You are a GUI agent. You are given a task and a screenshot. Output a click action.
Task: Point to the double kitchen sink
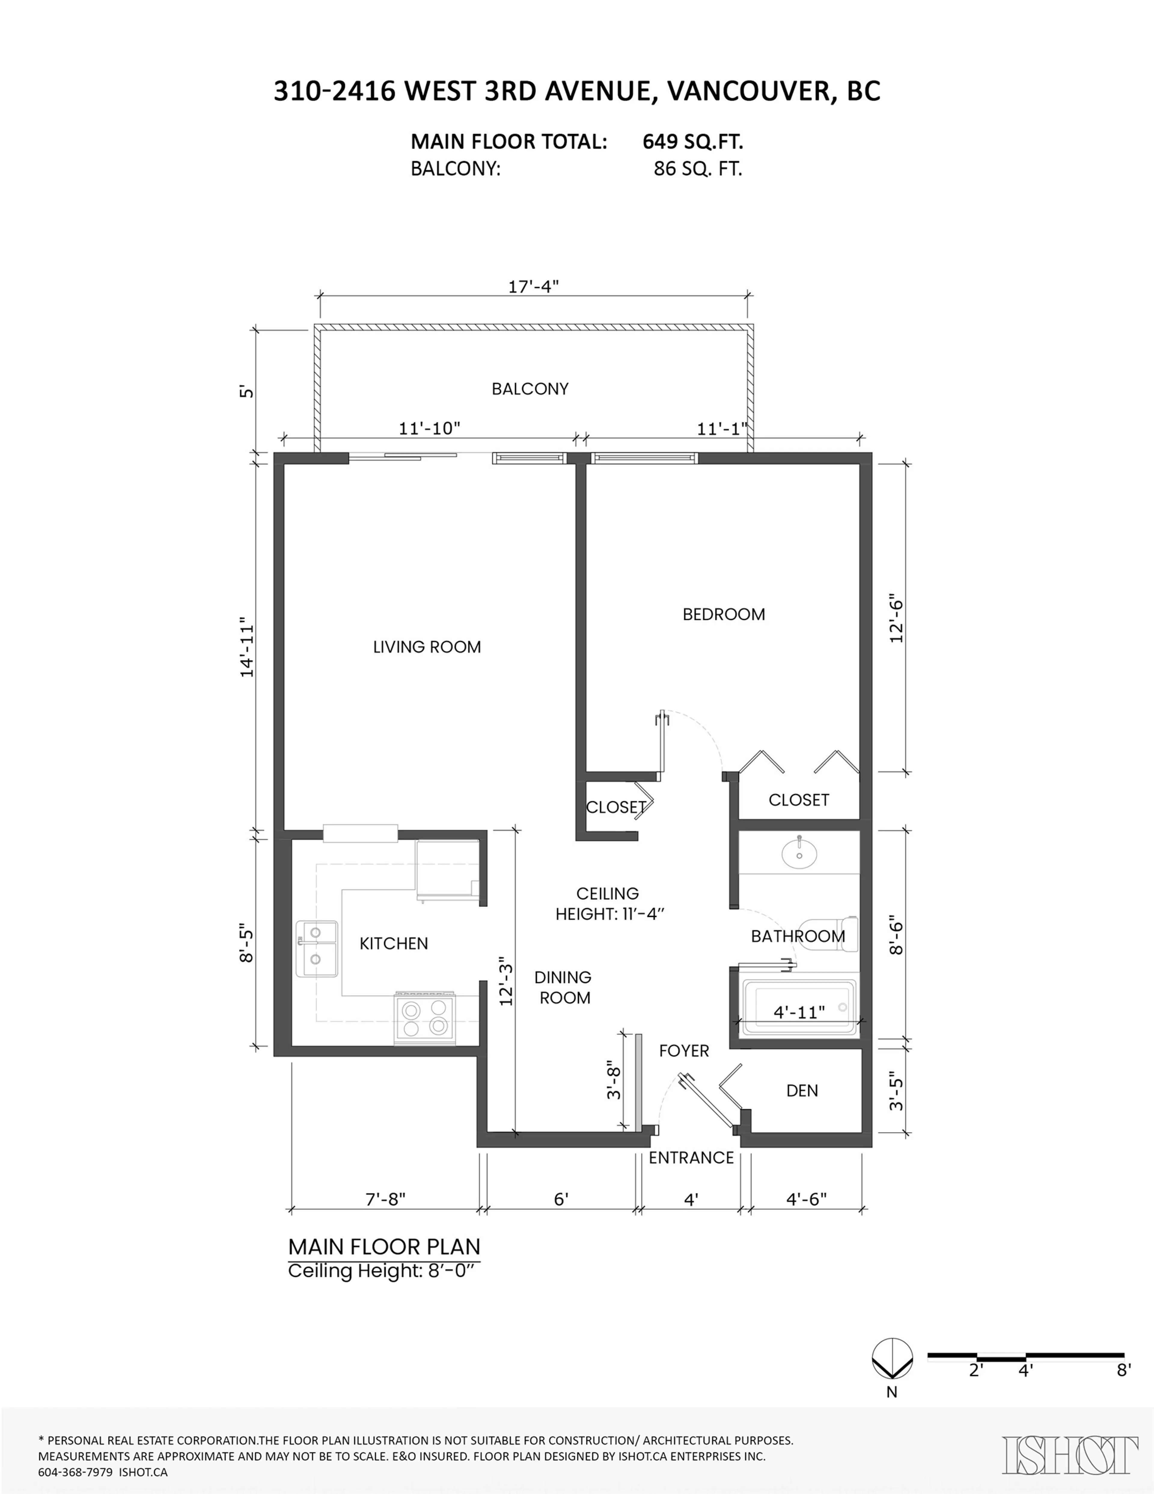[x=316, y=948]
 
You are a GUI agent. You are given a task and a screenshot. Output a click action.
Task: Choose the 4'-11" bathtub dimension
[x=799, y=1012]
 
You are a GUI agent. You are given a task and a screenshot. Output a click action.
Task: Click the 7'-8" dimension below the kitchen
[x=385, y=1199]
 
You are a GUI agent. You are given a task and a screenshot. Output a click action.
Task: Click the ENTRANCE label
[x=691, y=1157]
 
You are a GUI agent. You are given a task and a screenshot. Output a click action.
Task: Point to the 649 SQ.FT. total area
[x=692, y=142]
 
